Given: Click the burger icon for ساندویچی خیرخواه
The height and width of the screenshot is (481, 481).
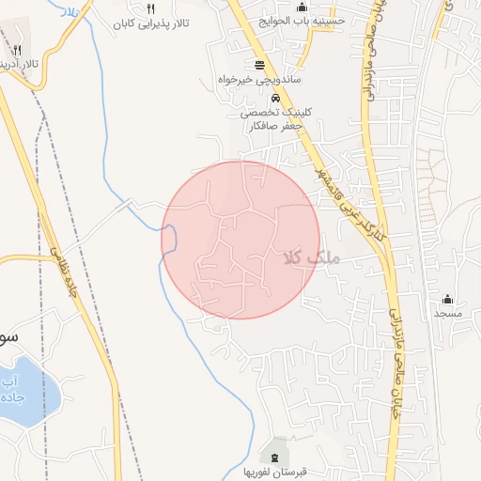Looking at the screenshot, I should [x=258, y=66].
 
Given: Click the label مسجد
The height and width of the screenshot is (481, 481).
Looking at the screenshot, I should [x=447, y=312].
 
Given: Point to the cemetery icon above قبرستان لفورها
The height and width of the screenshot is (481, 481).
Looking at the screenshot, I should [x=274, y=455].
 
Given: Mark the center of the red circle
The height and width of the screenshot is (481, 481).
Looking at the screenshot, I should [x=240, y=240].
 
